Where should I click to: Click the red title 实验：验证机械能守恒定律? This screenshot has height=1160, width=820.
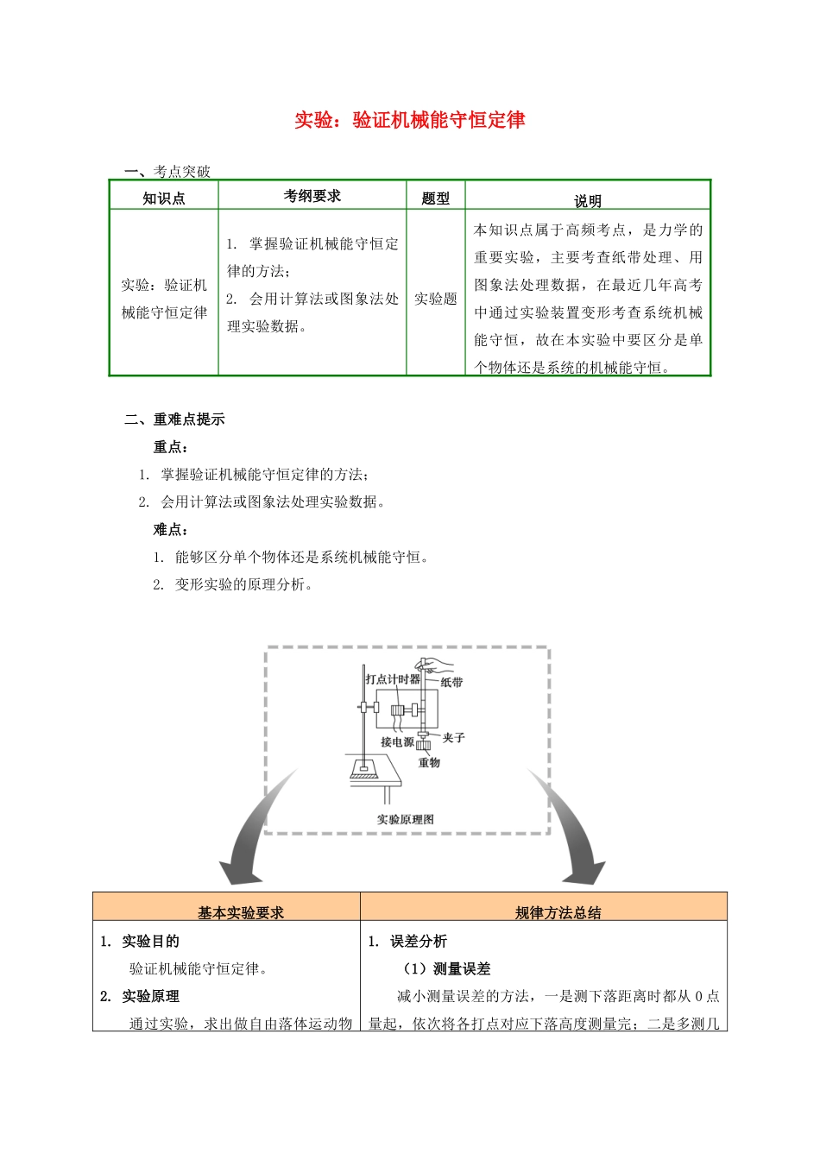tap(410, 120)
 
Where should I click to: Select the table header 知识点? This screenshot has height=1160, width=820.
tap(164, 199)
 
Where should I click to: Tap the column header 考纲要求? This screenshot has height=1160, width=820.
tap(312, 196)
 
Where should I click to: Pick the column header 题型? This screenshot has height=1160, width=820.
tap(436, 199)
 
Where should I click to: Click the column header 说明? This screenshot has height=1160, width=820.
tap(588, 201)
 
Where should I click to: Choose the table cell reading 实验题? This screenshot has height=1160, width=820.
tap(436, 299)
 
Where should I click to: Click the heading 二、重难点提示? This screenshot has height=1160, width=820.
tap(174, 419)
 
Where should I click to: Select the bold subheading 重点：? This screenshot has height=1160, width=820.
tap(171, 447)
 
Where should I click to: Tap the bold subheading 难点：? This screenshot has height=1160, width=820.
tap(171, 530)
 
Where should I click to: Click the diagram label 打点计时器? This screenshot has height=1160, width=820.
tap(392, 679)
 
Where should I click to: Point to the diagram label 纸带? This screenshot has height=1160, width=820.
tap(452, 682)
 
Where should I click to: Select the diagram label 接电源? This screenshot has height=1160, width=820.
tap(397, 742)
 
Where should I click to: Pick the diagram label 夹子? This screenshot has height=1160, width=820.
tap(454, 738)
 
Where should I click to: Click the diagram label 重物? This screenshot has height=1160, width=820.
tap(429, 762)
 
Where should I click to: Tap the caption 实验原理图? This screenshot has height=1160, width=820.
tap(406, 819)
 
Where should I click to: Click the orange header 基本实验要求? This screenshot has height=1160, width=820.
tap(241, 912)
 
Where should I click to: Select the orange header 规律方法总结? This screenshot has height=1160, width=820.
tap(558, 912)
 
